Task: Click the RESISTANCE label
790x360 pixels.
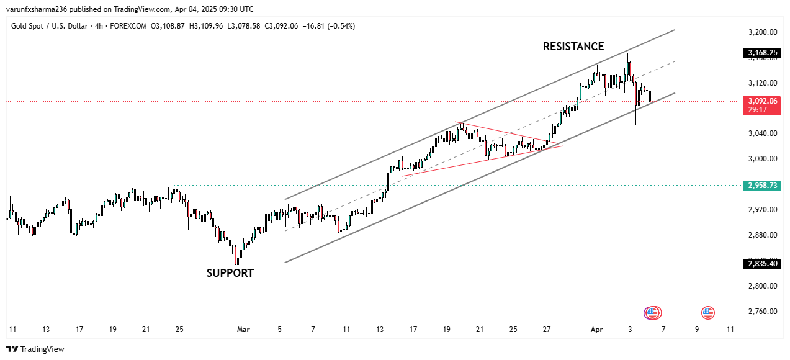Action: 573,47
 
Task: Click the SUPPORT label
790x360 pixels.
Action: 230,273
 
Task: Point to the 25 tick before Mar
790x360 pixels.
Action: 179,330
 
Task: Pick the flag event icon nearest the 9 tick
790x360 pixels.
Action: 707,313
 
